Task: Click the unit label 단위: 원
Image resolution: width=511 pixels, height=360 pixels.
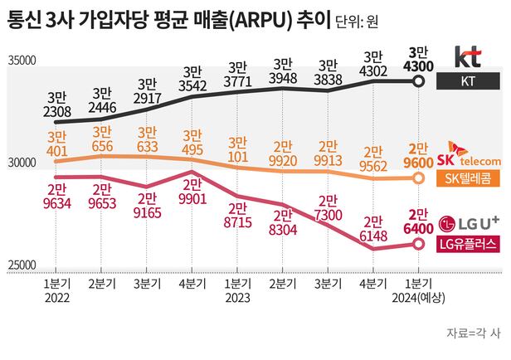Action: click(362, 18)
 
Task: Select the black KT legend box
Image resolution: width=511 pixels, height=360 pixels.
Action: click(468, 80)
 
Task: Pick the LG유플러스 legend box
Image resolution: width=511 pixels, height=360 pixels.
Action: click(468, 243)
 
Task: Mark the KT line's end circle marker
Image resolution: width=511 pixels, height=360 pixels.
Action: click(420, 81)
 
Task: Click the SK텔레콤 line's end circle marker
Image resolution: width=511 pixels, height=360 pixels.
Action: click(420, 178)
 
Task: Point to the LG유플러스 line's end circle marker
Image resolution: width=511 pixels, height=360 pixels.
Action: click(420, 243)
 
